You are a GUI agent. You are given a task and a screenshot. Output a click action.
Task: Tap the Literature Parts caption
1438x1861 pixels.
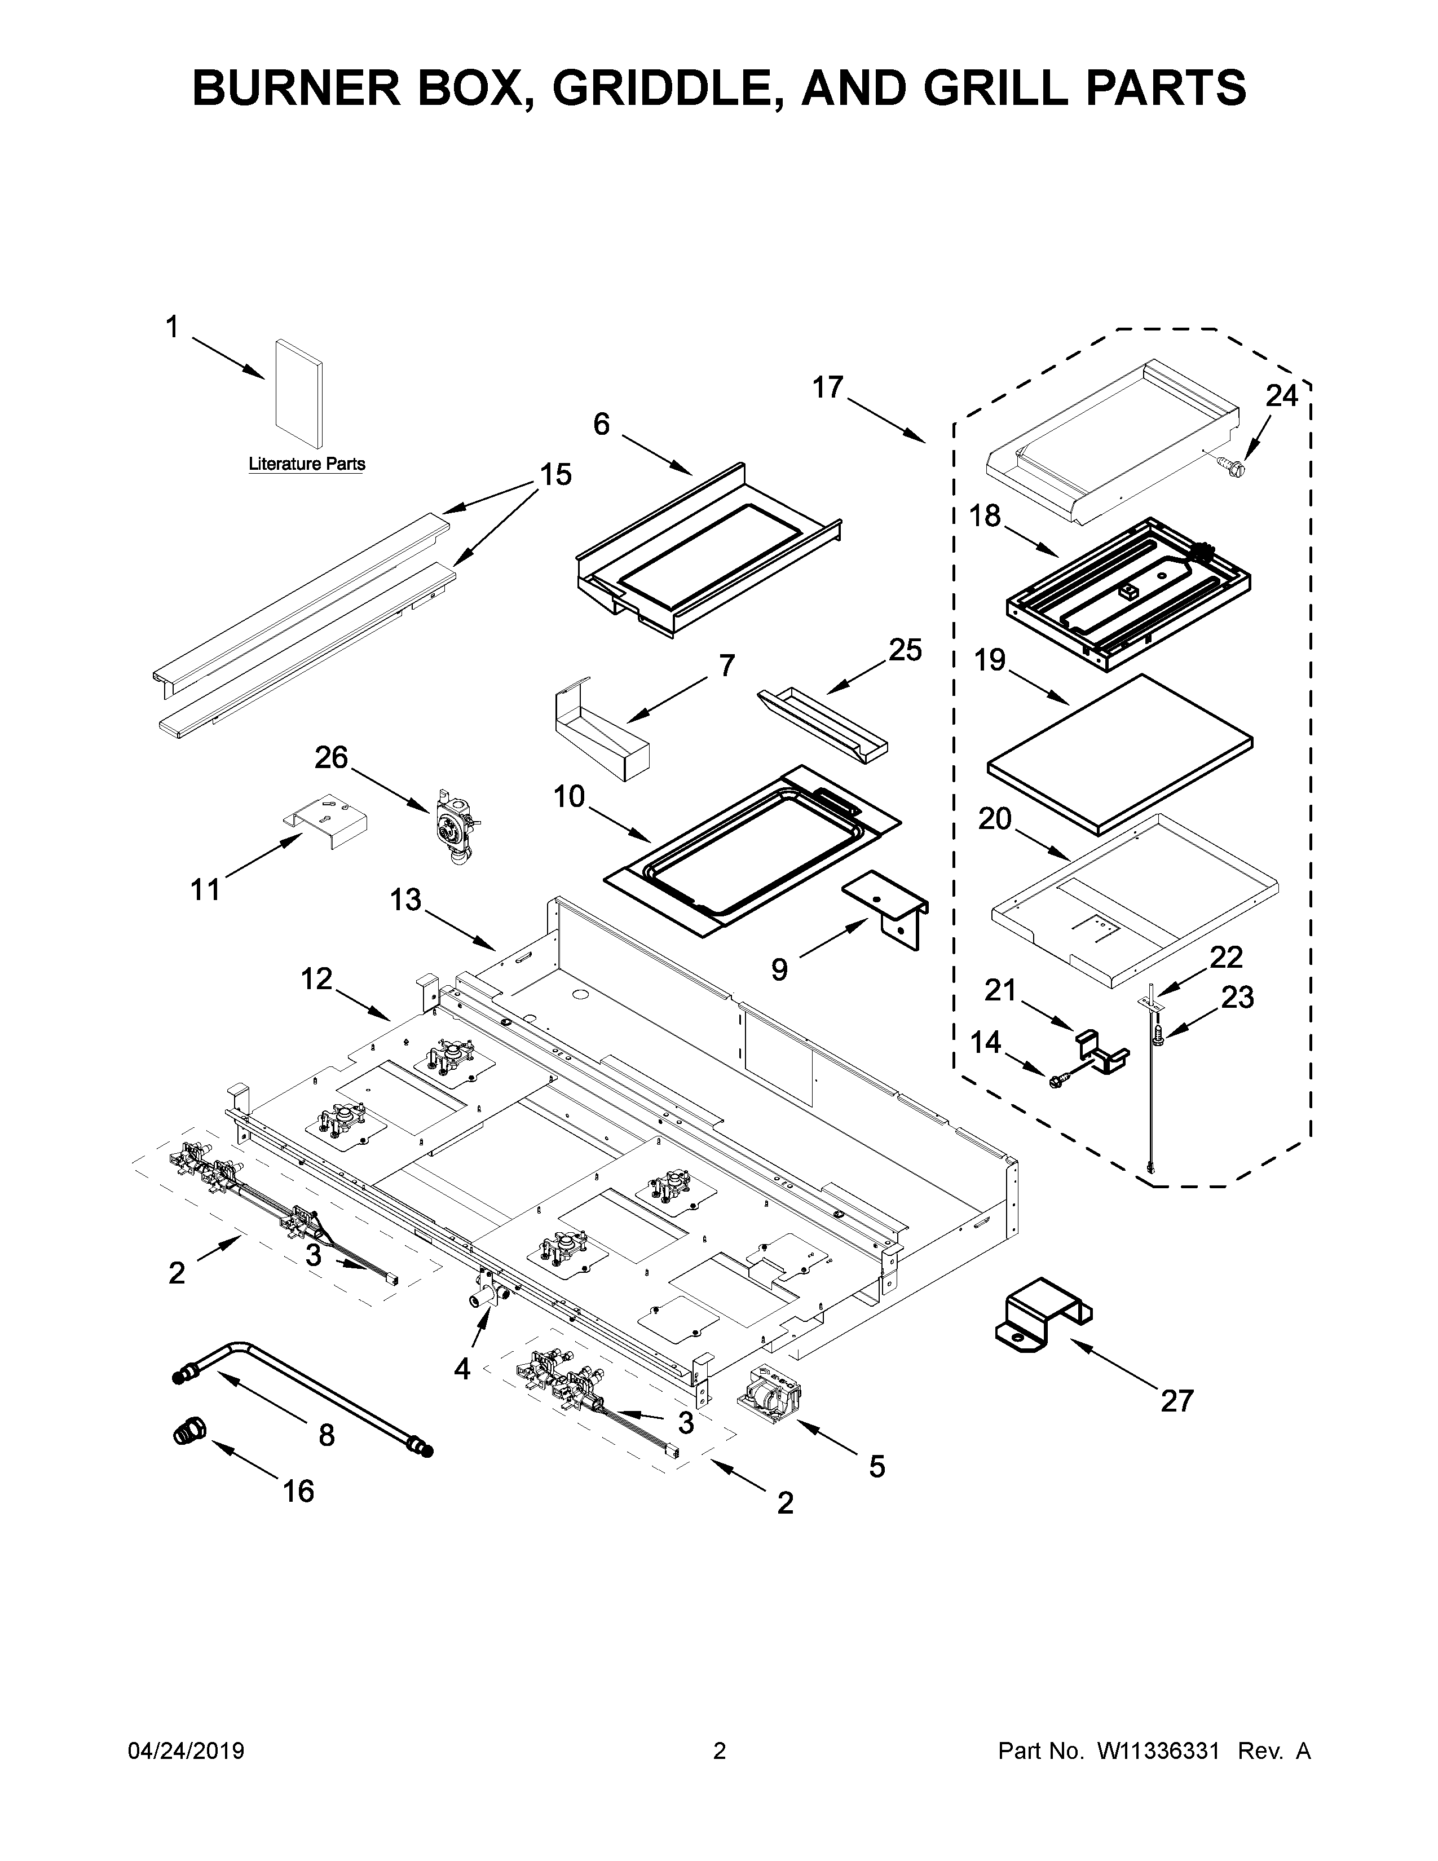307,464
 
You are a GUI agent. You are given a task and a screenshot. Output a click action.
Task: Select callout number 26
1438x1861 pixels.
332,757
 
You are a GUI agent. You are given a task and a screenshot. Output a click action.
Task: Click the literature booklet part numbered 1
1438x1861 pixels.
299,394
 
